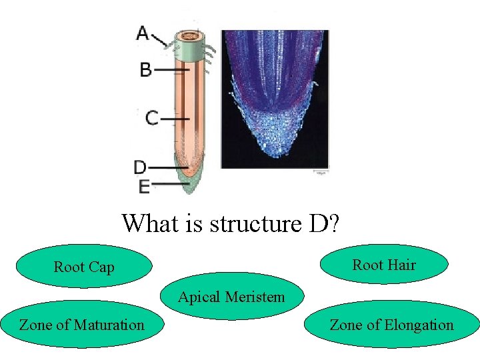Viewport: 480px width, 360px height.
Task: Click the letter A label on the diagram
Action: tap(143, 33)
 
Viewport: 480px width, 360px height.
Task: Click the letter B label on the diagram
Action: tap(145, 69)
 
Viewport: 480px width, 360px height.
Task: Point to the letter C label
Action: tap(152, 119)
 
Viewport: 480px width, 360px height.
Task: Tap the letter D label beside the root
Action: tap(140, 167)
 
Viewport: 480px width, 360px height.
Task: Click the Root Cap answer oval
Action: tap(84, 267)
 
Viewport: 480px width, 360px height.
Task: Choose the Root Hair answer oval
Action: tap(384, 265)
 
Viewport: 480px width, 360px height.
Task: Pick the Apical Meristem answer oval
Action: tap(231, 297)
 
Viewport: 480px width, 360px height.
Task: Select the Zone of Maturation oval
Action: tap(81, 325)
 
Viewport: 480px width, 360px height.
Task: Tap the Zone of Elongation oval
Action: tap(392, 325)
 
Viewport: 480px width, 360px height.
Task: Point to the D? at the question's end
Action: tap(324, 223)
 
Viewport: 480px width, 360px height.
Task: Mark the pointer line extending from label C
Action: tap(175, 119)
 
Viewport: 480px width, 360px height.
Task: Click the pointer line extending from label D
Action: tap(168, 167)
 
